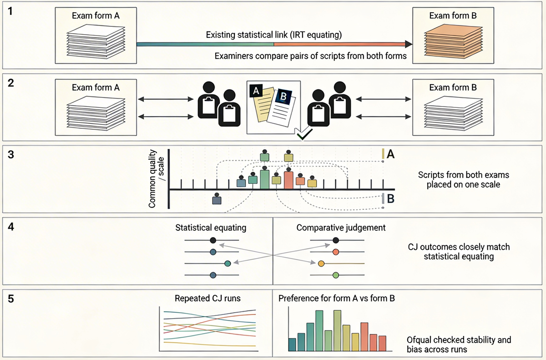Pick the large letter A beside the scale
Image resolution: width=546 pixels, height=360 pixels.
(390, 155)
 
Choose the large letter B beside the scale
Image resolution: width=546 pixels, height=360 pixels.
(390, 199)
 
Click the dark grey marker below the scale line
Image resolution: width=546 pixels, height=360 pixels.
(217, 199)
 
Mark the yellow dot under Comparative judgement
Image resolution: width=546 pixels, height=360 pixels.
(321, 263)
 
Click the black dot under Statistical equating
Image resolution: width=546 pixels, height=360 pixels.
(212, 240)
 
